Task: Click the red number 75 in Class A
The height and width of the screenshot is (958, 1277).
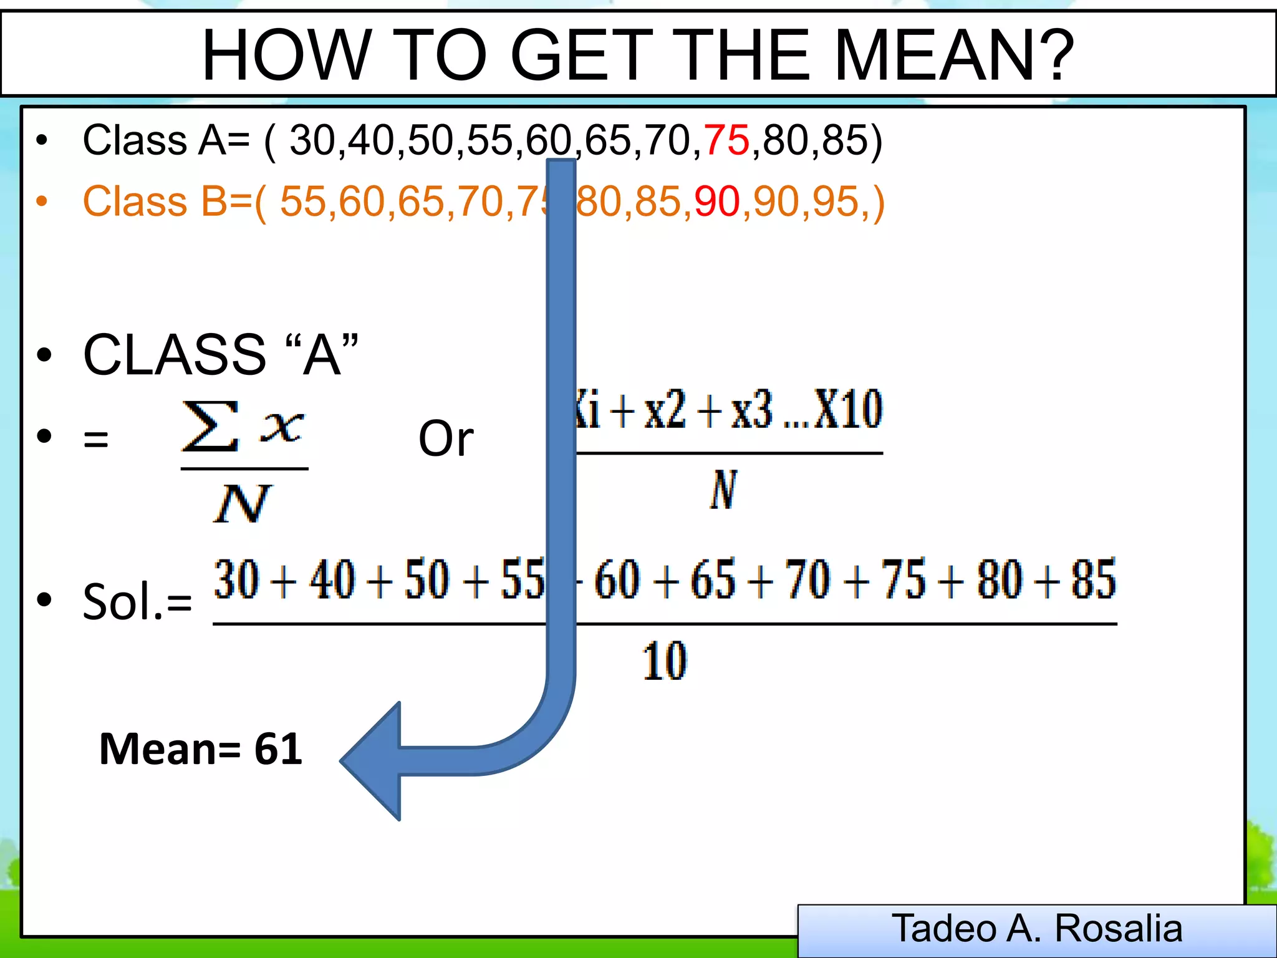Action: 726,140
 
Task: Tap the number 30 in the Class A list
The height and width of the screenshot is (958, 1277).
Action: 312,140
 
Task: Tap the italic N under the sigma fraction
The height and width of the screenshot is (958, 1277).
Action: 242,503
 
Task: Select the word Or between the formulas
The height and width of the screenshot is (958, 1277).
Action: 446,438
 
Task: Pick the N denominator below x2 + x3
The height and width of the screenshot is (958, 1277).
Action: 724,490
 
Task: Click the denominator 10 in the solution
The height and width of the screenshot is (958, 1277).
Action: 665,660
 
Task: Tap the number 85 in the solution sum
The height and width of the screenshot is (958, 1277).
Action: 1093,579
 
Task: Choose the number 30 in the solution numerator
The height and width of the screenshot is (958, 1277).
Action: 236,579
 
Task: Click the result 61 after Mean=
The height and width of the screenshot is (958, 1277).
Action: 278,749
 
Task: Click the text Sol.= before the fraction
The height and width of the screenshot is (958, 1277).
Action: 137,601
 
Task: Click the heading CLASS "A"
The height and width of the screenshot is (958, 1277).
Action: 221,355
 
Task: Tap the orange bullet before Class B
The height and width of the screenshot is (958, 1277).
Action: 42,201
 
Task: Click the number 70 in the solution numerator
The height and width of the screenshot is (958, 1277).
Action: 807,579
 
